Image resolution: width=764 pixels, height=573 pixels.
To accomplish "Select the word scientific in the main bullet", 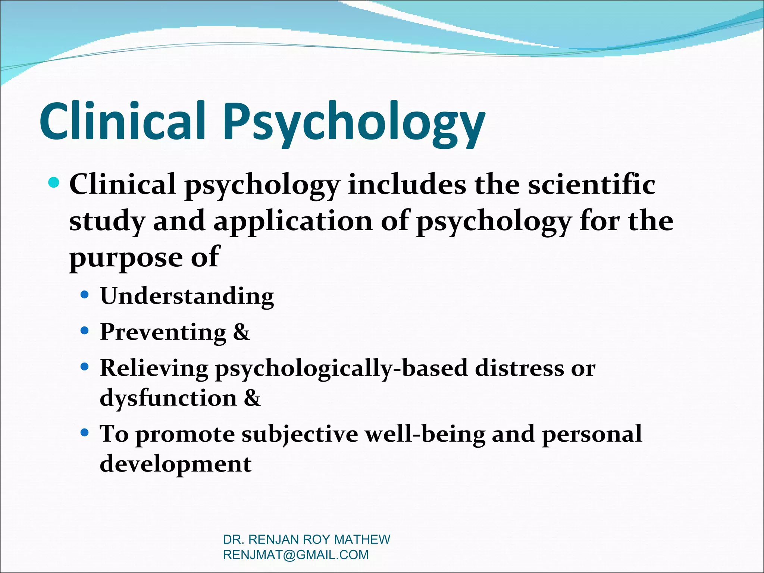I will pos(591,185).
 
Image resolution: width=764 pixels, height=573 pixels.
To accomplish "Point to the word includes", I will pos(407,185).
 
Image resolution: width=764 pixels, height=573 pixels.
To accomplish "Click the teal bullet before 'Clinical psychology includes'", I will pos(54,183).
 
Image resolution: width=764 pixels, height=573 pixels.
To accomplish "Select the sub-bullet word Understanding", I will pos(187,297).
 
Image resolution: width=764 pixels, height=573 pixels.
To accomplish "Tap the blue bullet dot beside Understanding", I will pos(85,295).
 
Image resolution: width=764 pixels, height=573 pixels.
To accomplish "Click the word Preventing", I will pos(163,332).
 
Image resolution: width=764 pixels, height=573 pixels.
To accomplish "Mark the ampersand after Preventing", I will pos(241,332).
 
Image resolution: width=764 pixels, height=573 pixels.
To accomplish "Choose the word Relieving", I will pos(154,369).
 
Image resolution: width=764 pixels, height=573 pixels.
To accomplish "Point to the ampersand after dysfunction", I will pos(253,398).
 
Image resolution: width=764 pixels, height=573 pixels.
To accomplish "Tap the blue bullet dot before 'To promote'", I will pos(85,433).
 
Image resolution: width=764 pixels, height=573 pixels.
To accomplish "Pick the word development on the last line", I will pos(176,464).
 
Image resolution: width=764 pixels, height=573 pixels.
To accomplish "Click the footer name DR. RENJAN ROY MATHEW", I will pos(306,539).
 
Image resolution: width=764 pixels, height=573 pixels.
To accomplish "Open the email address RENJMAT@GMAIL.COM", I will pos(295,555).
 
